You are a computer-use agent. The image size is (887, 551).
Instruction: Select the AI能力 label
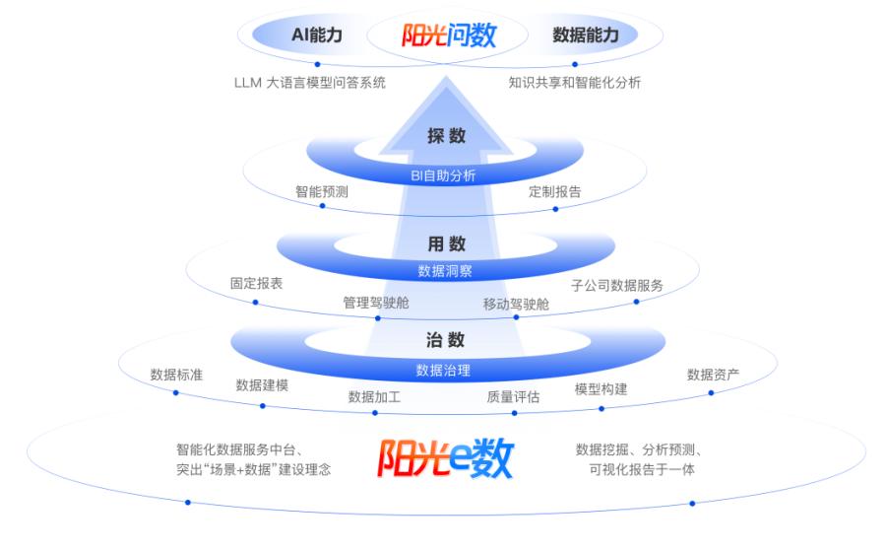[317, 34]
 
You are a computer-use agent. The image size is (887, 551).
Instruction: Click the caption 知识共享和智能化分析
[575, 83]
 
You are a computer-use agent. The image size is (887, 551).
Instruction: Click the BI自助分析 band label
[443, 176]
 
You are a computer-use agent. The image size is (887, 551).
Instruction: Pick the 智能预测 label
[321, 192]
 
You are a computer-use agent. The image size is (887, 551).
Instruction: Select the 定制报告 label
[554, 192]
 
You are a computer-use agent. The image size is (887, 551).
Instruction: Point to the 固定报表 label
[256, 283]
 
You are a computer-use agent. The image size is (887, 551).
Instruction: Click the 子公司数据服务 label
[617, 285]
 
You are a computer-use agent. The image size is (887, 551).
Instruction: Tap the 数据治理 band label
[443, 371]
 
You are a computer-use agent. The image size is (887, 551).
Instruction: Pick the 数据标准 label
[176, 375]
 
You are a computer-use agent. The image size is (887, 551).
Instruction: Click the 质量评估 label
[513, 397]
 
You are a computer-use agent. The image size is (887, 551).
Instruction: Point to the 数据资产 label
[713, 375]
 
